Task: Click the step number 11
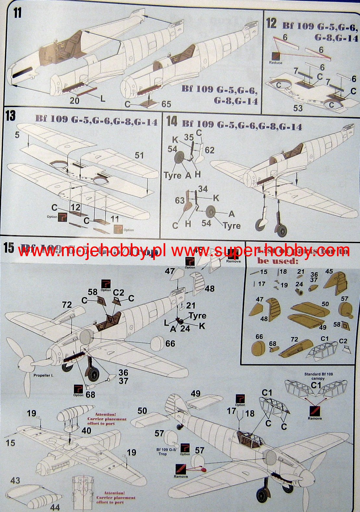point(17,13)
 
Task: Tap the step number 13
point(10,115)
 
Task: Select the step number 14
point(171,122)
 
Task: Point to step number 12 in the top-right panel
point(271,23)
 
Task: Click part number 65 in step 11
point(166,104)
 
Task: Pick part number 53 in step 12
point(298,108)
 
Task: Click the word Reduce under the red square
point(275,63)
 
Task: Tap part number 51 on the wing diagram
point(139,156)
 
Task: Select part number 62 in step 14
point(209,150)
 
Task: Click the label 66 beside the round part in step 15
point(170,343)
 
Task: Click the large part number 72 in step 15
point(67,305)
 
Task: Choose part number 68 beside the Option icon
point(91,394)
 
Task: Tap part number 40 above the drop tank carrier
point(86,431)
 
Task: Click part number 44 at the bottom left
point(55,507)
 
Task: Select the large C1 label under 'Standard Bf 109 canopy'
point(316,385)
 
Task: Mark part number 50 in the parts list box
point(325,304)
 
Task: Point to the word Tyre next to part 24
point(197,316)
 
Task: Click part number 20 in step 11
point(74,100)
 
